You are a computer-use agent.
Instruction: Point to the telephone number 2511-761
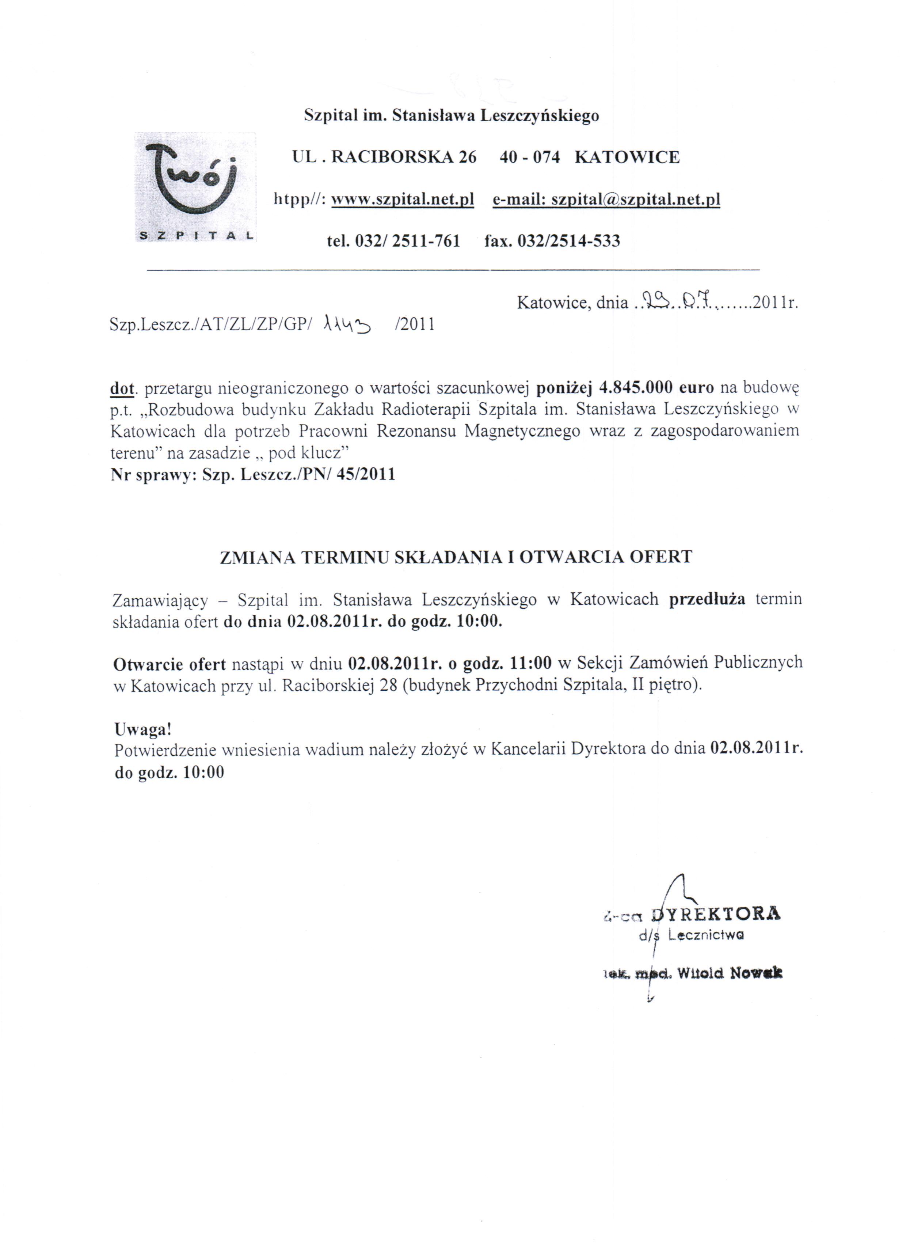coord(426,241)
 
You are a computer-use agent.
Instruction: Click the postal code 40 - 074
coord(529,157)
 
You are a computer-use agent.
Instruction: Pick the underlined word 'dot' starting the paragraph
coord(122,389)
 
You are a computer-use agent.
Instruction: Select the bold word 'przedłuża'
coord(707,599)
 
